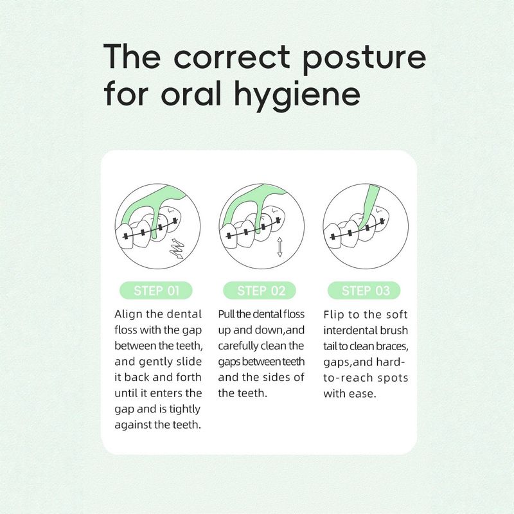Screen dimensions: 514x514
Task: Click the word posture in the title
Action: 364,59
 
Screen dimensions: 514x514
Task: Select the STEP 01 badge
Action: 155,290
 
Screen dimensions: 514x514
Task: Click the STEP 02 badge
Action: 260,290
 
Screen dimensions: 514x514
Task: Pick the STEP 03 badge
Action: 364,290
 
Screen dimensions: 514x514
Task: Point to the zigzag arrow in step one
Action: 177,249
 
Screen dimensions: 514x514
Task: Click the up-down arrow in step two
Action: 279,247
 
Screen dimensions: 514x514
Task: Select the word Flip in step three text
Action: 333,315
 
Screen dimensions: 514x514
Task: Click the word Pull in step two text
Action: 226,314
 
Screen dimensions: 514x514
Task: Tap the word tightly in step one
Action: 184,409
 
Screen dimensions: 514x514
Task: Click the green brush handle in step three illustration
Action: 368,206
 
